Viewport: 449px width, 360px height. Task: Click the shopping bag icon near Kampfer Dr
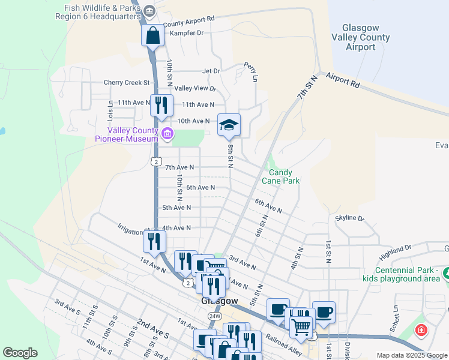tap(152, 35)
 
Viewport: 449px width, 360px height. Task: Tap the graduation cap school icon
tap(228, 125)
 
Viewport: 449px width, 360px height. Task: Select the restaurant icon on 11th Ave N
tap(161, 106)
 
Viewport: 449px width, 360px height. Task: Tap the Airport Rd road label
tap(343, 80)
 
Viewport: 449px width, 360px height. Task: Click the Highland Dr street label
tap(395, 248)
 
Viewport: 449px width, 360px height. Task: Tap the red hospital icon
tap(422, 330)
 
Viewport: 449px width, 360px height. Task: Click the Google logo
tap(20, 353)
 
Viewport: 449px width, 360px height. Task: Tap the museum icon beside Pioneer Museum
tap(167, 134)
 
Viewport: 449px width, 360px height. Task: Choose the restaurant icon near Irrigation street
tap(154, 241)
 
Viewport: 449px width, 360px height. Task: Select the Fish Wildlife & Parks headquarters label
tap(100, 12)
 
